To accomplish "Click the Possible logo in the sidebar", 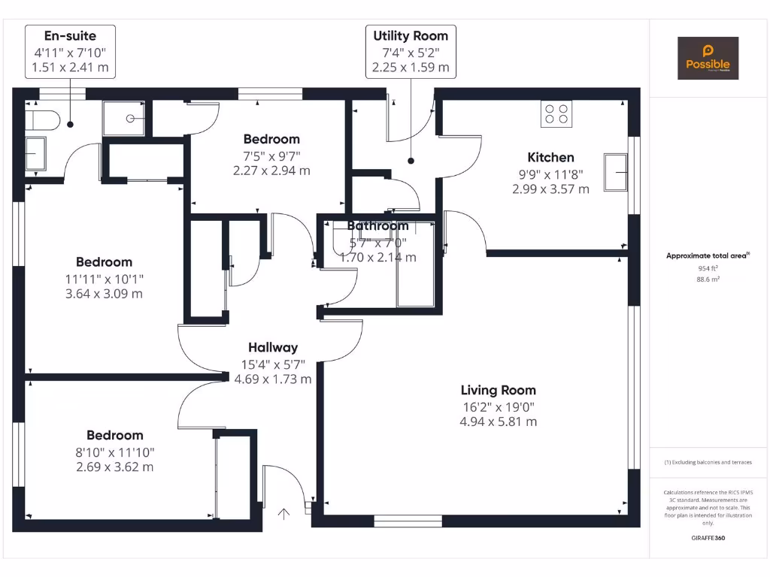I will pyautogui.click(x=708, y=59).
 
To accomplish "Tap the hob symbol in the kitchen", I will pyautogui.click(x=556, y=113).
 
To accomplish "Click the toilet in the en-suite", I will pyautogui.click(x=44, y=119).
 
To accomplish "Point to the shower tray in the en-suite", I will pyautogui.click(x=123, y=118).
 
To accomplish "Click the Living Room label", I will pyautogui.click(x=499, y=390).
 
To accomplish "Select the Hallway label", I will pyautogui.click(x=273, y=347).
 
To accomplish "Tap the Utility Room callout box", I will pyautogui.click(x=411, y=51).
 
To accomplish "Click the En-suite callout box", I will pyautogui.click(x=70, y=51).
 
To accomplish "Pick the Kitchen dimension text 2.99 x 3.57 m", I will pyautogui.click(x=550, y=189).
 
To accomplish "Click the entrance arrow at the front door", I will pyautogui.click(x=284, y=514).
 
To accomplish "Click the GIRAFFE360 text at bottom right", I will pyautogui.click(x=707, y=538).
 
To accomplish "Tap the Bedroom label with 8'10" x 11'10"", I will pyautogui.click(x=114, y=435).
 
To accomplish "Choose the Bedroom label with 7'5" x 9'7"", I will pyautogui.click(x=271, y=139).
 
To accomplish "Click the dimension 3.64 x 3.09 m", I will pyautogui.click(x=104, y=293).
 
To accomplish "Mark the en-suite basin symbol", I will pyautogui.click(x=35, y=154).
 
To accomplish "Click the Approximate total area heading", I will pyautogui.click(x=707, y=256).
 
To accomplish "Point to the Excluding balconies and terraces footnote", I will pyautogui.click(x=707, y=462).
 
